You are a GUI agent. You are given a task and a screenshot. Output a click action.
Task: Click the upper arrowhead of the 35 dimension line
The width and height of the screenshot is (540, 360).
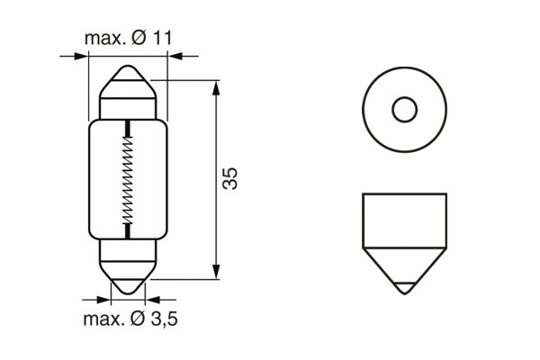216,86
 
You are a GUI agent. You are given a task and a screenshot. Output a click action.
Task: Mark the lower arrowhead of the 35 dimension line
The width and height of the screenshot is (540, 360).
216,272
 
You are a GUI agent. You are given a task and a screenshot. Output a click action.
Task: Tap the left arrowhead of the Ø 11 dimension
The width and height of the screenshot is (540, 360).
83,57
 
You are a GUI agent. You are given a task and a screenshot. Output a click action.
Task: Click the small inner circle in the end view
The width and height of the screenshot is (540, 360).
404,111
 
